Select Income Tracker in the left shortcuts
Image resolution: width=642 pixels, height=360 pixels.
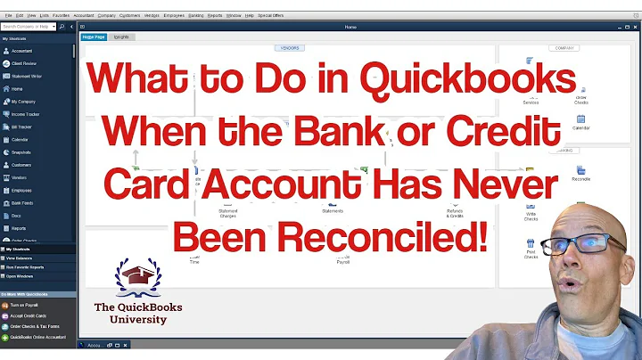[x=27, y=114]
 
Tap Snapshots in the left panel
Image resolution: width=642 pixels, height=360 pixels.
[x=22, y=152]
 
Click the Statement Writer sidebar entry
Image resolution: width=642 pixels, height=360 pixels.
[x=28, y=76]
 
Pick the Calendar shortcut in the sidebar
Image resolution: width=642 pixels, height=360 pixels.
[x=21, y=140]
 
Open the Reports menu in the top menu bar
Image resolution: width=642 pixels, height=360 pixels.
[x=215, y=15]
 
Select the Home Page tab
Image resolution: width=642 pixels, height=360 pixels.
[x=94, y=37]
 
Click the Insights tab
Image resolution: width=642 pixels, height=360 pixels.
[x=120, y=37]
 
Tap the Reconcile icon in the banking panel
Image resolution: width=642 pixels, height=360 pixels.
[x=580, y=172]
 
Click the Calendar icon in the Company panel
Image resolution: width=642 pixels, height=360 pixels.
[x=580, y=121]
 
